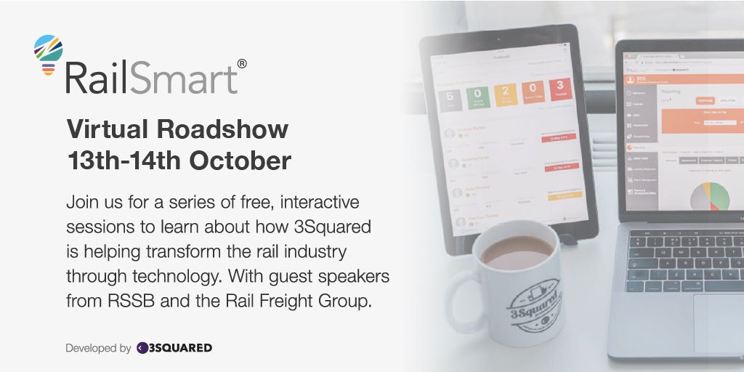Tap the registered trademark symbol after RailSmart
(x=242, y=64)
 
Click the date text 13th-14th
(x=124, y=161)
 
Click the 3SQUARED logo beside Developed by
(x=174, y=348)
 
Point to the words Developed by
(x=98, y=348)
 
